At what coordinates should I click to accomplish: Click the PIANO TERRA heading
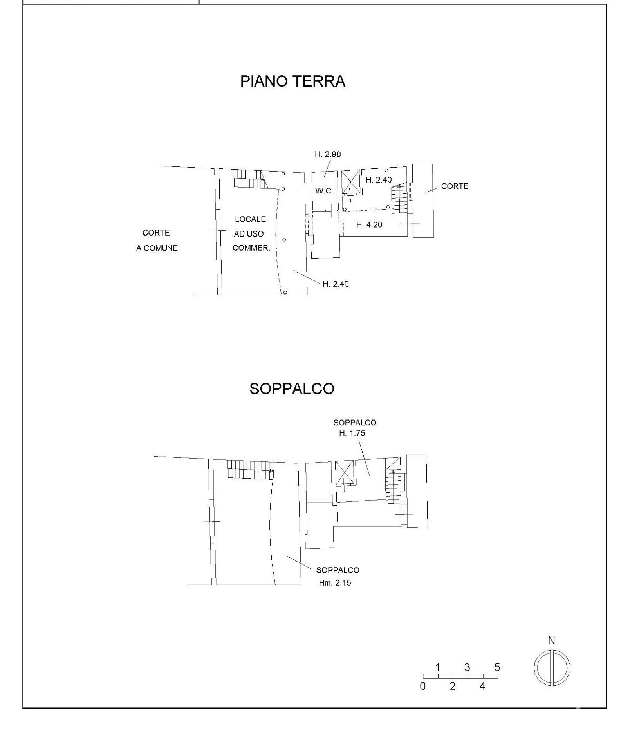coord(292,81)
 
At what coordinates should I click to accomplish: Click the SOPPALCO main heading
coord(292,389)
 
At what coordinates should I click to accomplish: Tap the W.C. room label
coord(324,191)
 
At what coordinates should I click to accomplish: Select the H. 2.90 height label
coord(328,154)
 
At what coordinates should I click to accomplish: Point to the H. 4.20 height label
coord(369,224)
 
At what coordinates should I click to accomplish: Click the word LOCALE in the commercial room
coord(250,219)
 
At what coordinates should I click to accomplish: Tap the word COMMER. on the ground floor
coord(251,248)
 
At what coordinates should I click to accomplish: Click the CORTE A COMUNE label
coord(157,240)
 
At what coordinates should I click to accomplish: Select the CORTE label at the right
coord(455,186)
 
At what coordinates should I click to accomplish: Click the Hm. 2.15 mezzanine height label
coord(335,583)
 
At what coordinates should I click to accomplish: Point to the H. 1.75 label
coord(352,433)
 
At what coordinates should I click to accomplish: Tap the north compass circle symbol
coord(552,668)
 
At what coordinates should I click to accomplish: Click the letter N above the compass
coord(551,641)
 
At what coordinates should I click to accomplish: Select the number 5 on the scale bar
coord(497,667)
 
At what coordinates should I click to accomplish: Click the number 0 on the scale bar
coord(422,686)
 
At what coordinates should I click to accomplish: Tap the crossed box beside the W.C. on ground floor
coord(350,182)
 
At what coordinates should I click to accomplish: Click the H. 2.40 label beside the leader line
coord(336,284)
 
